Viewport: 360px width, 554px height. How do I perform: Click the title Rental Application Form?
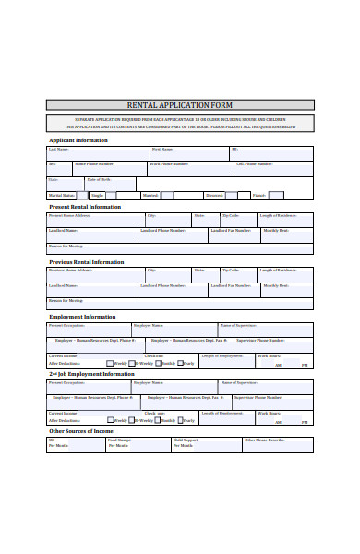(x=180, y=105)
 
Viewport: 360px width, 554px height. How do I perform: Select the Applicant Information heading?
(x=78, y=140)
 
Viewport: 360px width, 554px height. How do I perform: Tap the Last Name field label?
(x=57, y=149)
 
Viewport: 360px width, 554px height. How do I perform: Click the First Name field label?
(x=162, y=149)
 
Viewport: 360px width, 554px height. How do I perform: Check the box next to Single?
(x=110, y=196)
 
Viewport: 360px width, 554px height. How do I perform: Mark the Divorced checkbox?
(x=231, y=196)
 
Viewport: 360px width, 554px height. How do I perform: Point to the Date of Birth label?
(x=99, y=179)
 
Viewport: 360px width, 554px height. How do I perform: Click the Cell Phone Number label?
(x=253, y=163)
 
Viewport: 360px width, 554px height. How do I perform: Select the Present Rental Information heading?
(x=84, y=207)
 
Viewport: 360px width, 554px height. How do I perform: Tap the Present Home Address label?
(x=70, y=215)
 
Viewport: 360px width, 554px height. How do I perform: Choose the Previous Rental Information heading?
(x=86, y=262)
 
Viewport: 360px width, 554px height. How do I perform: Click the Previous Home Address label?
(x=71, y=270)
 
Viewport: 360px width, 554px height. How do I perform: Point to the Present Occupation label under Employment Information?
(x=66, y=325)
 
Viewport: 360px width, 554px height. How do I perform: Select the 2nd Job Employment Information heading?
(x=91, y=374)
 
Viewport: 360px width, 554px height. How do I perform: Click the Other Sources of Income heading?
(x=81, y=430)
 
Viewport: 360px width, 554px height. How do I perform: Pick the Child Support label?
(x=186, y=440)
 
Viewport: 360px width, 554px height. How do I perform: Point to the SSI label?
(x=52, y=440)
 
